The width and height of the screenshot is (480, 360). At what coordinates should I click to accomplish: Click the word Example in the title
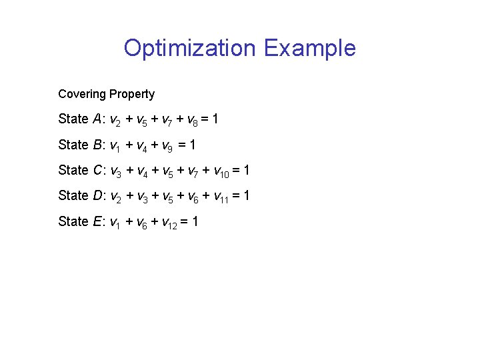coord(310,48)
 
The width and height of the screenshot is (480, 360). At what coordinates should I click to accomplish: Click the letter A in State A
coord(99,119)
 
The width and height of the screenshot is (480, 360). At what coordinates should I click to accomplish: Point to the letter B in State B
coord(99,145)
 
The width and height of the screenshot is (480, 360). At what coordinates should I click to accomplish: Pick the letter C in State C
coord(99,170)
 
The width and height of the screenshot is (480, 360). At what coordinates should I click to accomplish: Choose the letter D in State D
coord(99,195)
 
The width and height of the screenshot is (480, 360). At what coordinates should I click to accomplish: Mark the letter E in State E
coord(99,221)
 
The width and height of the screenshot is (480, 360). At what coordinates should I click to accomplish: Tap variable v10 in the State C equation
coord(219,171)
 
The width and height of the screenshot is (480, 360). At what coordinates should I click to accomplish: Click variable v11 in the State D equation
coord(219,197)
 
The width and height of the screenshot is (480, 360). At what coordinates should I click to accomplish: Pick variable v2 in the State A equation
coord(114,120)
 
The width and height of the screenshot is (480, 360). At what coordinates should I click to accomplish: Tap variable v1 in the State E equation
coord(114,222)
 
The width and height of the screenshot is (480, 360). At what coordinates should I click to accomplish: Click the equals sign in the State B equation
coord(184,145)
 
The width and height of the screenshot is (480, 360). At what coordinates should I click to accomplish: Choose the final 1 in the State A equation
coord(215,119)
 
